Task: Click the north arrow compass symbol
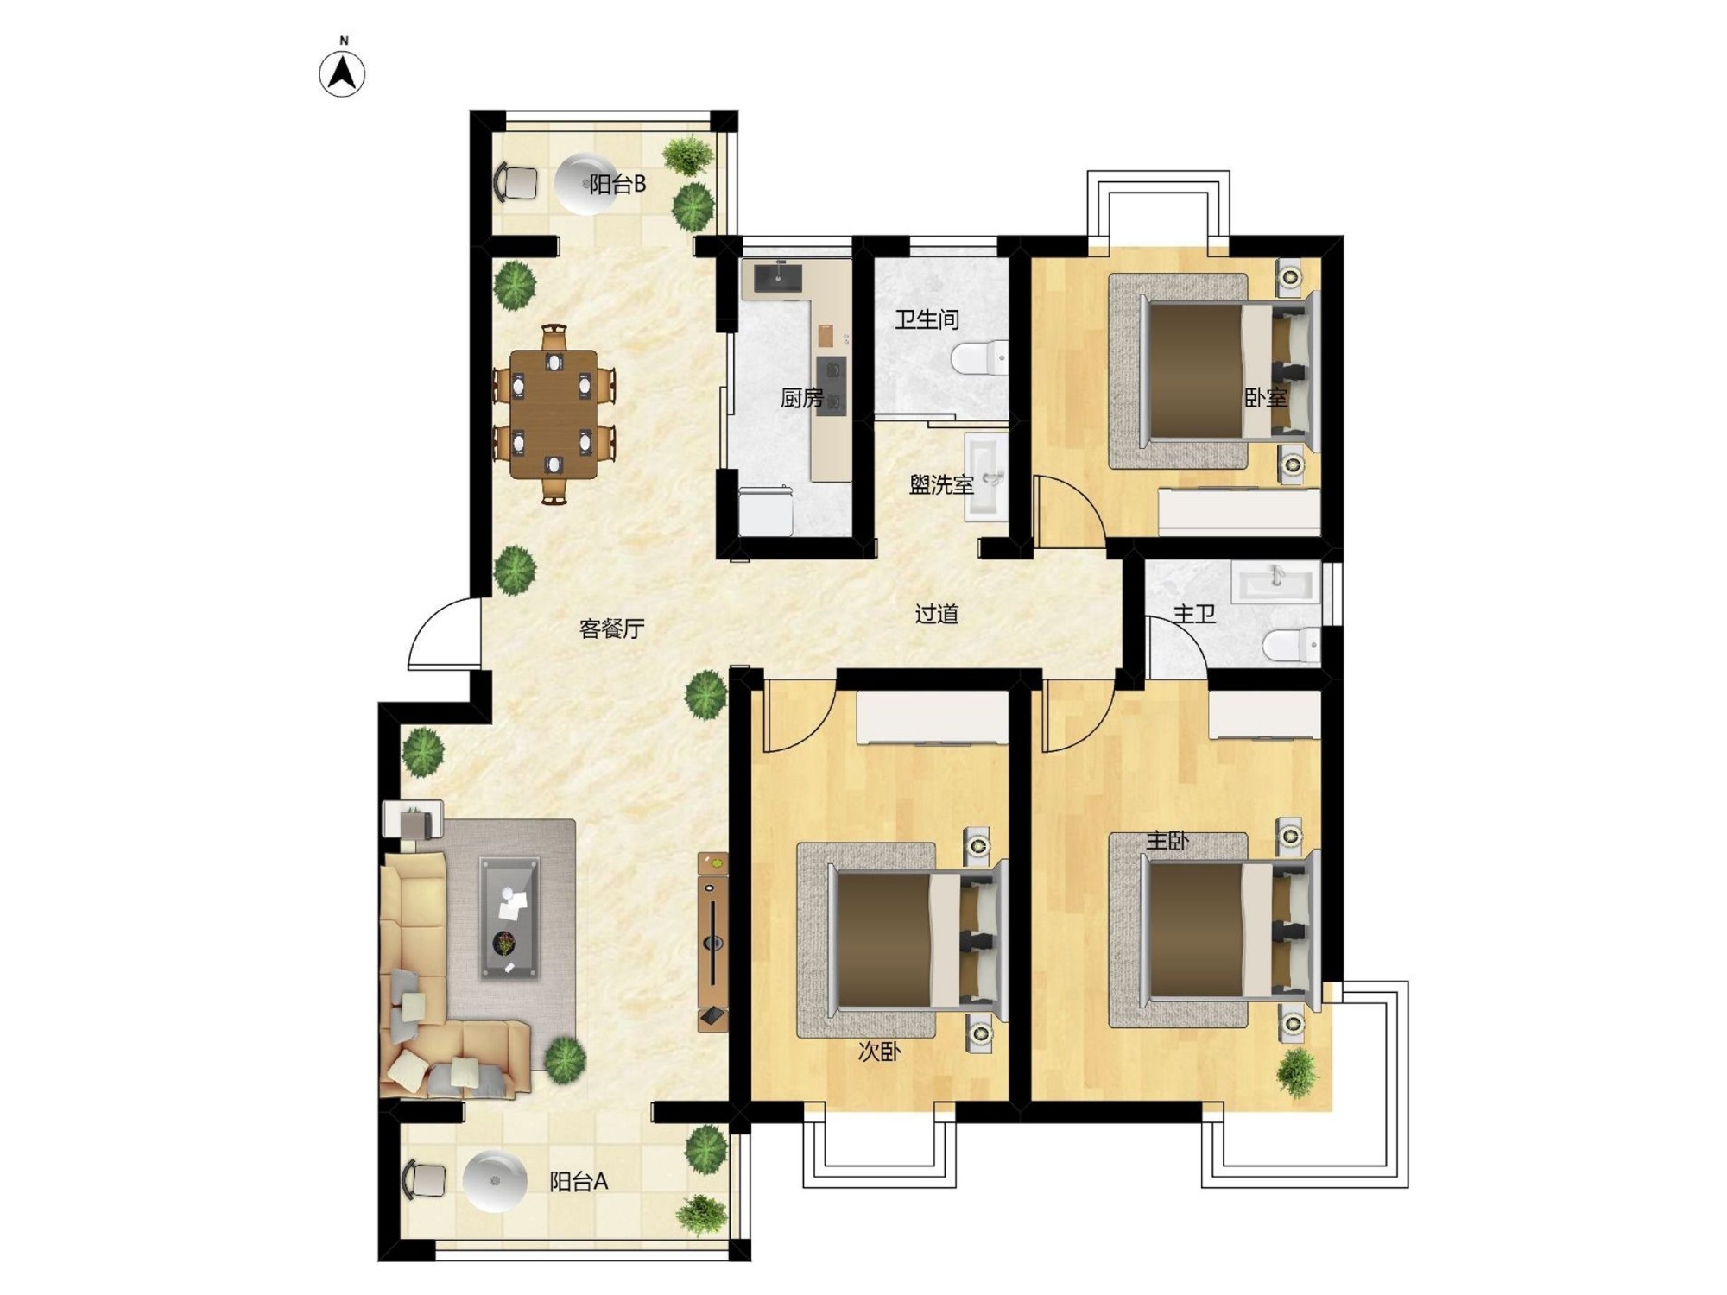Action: pyautogui.click(x=343, y=73)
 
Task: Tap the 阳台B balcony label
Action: pyautogui.click(x=617, y=184)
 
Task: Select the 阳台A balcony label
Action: pyautogui.click(x=579, y=1181)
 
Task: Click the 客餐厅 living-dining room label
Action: pyautogui.click(x=611, y=629)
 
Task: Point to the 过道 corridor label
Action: pyautogui.click(x=937, y=614)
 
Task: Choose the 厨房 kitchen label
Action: pyautogui.click(x=801, y=398)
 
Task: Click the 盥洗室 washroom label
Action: pyautogui.click(x=941, y=485)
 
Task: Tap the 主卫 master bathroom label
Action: pyautogui.click(x=1194, y=614)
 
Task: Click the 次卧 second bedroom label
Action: pyautogui.click(x=879, y=1052)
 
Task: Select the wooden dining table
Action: pyautogui.click(x=554, y=414)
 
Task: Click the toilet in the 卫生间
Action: pyautogui.click(x=979, y=358)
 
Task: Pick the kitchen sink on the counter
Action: pyautogui.click(x=778, y=278)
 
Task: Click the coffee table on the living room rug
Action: pyautogui.click(x=509, y=918)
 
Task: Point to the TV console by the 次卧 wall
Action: pyautogui.click(x=712, y=942)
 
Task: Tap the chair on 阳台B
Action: pyautogui.click(x=516, y=182)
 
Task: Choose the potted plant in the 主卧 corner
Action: pyautogui.click(x=1298, y=1072)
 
